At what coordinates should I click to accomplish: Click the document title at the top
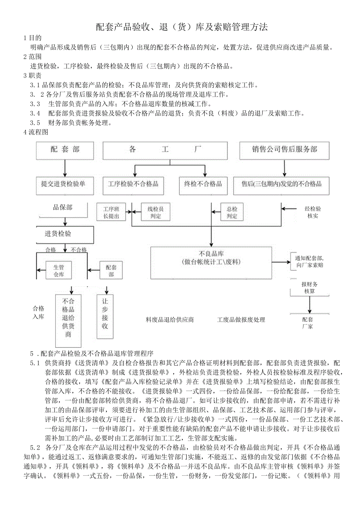pyautogui.click(x=182, y=27)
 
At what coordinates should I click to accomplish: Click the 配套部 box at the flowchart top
pyautogui.click(x=65, y=150)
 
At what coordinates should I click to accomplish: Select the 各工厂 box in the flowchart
pyautogui.click(x=165, y=150)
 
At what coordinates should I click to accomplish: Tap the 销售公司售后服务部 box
pyautogui.click(x=284, y=150)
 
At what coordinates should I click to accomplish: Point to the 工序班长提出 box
pyautogui.click(x=111, y=212)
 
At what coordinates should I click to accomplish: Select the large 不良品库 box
pyautogui.click(x=211, y=262)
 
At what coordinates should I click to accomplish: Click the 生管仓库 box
pyautogui.click(x=59, y=270)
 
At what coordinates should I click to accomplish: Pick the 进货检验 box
pyautogui.click(x=65, y=234)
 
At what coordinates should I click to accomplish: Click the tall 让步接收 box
pyautogui.click(x=105, y=316)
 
